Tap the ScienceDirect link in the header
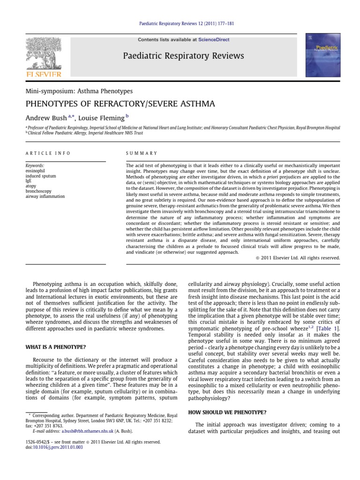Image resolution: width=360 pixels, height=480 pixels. click(214, 40)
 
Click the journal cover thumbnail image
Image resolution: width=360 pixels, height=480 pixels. click(322, 55)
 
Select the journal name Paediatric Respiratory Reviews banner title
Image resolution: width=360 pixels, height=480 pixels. click(183, 56)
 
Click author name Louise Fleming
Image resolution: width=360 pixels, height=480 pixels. click(103, 117)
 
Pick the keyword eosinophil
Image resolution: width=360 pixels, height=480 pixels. click(37, 171)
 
